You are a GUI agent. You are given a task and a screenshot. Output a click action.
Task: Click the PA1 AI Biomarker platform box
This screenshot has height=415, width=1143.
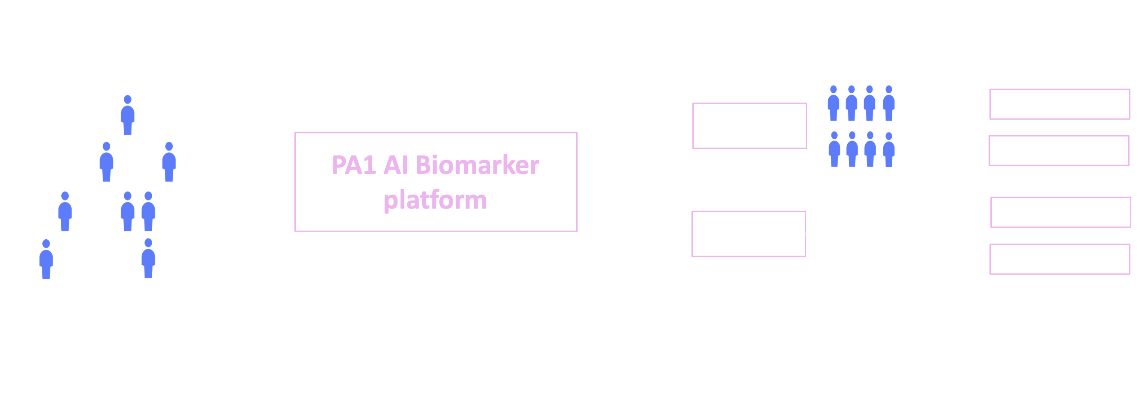tap(435, 182)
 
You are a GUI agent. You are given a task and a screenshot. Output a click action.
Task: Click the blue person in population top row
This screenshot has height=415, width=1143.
tap(128, 115)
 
